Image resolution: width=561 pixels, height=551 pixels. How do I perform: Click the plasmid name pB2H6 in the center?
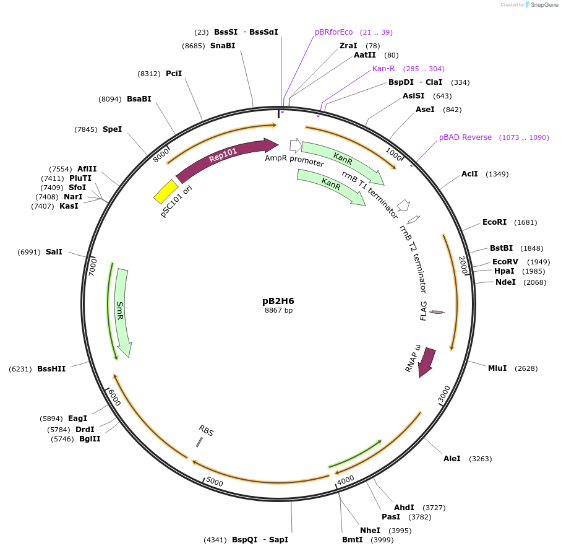(x=278, y=301)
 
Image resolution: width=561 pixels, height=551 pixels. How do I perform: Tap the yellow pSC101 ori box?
(x=166, y=191)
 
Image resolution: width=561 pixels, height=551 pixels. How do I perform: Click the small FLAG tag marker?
(x=437, y=312)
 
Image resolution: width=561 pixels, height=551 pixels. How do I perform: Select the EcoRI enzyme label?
(x=494, y=222)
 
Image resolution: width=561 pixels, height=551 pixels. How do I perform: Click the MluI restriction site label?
(x=497, y=368)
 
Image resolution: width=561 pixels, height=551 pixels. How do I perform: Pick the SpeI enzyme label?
(x=112, y=129)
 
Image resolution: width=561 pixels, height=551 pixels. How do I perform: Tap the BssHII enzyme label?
(x=51, y=369)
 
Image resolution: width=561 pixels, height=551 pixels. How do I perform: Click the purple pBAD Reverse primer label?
(x=465, y=137)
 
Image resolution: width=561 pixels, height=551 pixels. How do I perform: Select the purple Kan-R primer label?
(x=383, y=69)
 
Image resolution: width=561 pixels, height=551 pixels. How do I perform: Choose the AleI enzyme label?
(x=452, y=459)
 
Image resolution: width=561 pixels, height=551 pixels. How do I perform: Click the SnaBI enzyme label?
(x=223, y=46)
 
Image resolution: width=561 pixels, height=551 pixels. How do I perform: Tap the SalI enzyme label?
(x=54, y=252)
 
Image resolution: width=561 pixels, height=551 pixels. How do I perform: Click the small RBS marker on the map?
(x=199, y=442)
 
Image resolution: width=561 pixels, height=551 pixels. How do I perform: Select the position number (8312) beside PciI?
(x=148, y=74)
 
